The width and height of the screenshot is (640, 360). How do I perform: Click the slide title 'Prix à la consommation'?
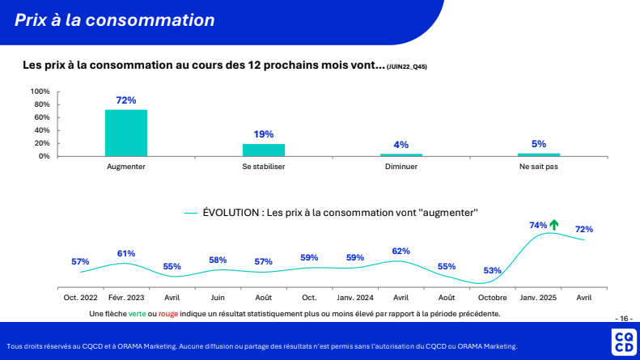[115, 20]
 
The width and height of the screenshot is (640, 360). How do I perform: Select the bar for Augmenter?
[126, 133]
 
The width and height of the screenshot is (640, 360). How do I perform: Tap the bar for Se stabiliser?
[264, 150]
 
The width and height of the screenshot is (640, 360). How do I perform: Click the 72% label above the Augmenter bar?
[126, 100]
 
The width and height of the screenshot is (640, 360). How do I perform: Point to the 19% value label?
[264, 134]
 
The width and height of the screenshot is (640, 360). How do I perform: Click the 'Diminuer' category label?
[401, 167]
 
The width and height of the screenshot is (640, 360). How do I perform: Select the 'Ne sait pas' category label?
[539, 167]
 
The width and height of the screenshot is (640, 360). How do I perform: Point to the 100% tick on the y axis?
[40, 91]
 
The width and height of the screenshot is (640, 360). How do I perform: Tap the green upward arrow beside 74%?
[554, 224]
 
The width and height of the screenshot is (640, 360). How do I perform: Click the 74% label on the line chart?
[538, 225]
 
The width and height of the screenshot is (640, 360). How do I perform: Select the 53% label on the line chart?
[492, 270]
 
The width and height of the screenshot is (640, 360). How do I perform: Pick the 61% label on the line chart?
[126, 253]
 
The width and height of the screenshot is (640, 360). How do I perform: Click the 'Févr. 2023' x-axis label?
[126, 297]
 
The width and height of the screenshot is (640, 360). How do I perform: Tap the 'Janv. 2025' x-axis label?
[538, 297]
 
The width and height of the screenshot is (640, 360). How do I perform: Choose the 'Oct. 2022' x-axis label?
[80, 297]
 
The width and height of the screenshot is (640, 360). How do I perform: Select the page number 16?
[624, 318]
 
